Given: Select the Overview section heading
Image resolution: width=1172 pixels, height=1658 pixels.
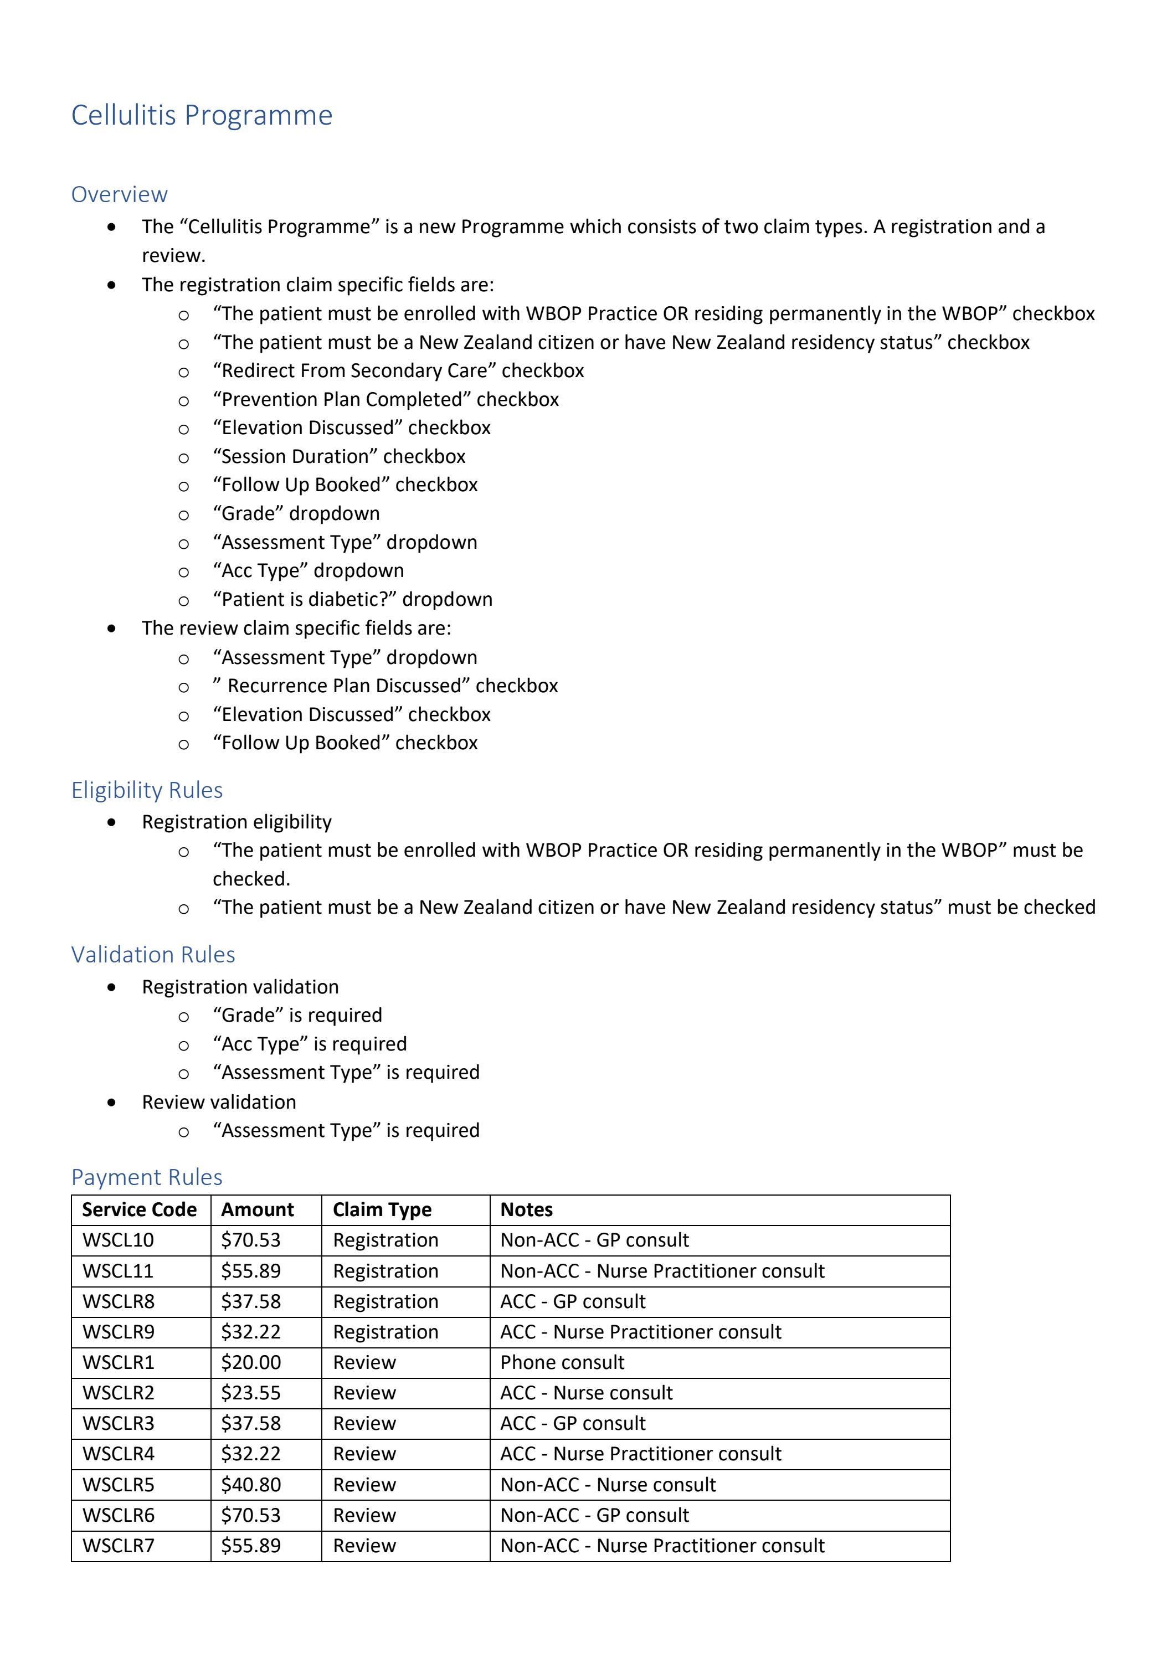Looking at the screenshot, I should click(x=119, y=194).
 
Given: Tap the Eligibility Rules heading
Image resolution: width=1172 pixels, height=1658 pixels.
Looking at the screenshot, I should click(x=147, y=790).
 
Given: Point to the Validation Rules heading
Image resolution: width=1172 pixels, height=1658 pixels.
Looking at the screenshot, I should click(x=153, y=955).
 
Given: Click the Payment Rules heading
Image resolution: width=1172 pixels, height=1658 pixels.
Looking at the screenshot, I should click(x=147, y=1177).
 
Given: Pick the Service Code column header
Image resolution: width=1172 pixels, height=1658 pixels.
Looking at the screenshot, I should click(x=140, y=1209).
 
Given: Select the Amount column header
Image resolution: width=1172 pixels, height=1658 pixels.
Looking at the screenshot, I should click(x=257, y=1209).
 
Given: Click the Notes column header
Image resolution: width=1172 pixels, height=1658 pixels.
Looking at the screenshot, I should click(x=526, y=1209).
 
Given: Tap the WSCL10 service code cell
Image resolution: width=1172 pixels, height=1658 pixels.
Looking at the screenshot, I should click(x=119, y=1240).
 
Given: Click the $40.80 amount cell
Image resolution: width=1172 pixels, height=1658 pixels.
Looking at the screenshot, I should click(x=250, y=1485).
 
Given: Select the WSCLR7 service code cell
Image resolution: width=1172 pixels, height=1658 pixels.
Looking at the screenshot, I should click(x=119, y=1546).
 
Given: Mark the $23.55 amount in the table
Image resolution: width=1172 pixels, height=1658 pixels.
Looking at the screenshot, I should click(x=250, y=1392).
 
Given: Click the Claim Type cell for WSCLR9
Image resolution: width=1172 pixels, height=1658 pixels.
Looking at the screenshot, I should click(x=385, y=1332).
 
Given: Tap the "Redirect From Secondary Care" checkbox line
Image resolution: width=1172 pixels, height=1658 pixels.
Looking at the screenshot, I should click(x=398, y=370).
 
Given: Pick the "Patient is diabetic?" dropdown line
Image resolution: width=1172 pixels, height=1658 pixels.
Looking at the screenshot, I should click(x=352, y=599).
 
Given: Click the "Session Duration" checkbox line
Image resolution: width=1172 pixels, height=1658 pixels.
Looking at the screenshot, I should click(x=338, y=456).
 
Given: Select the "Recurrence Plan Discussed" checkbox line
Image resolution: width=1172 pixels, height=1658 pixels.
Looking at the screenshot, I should click(x=385, y=686).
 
